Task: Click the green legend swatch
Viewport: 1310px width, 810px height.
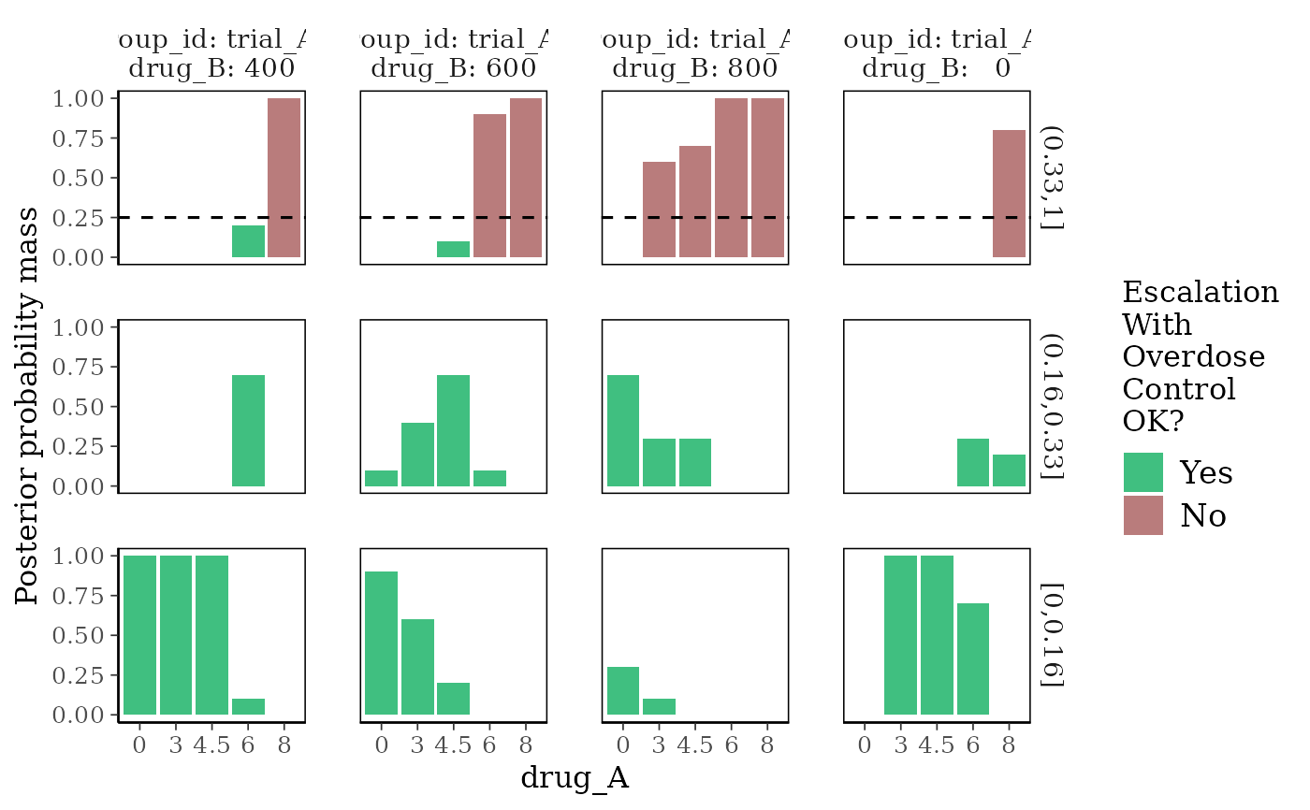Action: point(1143,472)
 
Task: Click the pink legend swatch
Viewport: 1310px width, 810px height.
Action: point(1143,515)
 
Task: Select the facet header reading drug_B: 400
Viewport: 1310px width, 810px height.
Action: point(211,54)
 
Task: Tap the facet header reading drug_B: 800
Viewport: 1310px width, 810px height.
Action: point(695,54)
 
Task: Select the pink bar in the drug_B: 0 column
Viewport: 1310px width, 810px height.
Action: point(1009,194)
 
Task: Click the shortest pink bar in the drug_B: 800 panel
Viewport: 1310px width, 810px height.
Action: point(659,210)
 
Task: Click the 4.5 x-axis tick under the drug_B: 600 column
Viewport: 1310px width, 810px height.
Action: point(453,745)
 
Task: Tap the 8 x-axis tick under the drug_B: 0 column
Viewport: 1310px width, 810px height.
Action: point(1009,745)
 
